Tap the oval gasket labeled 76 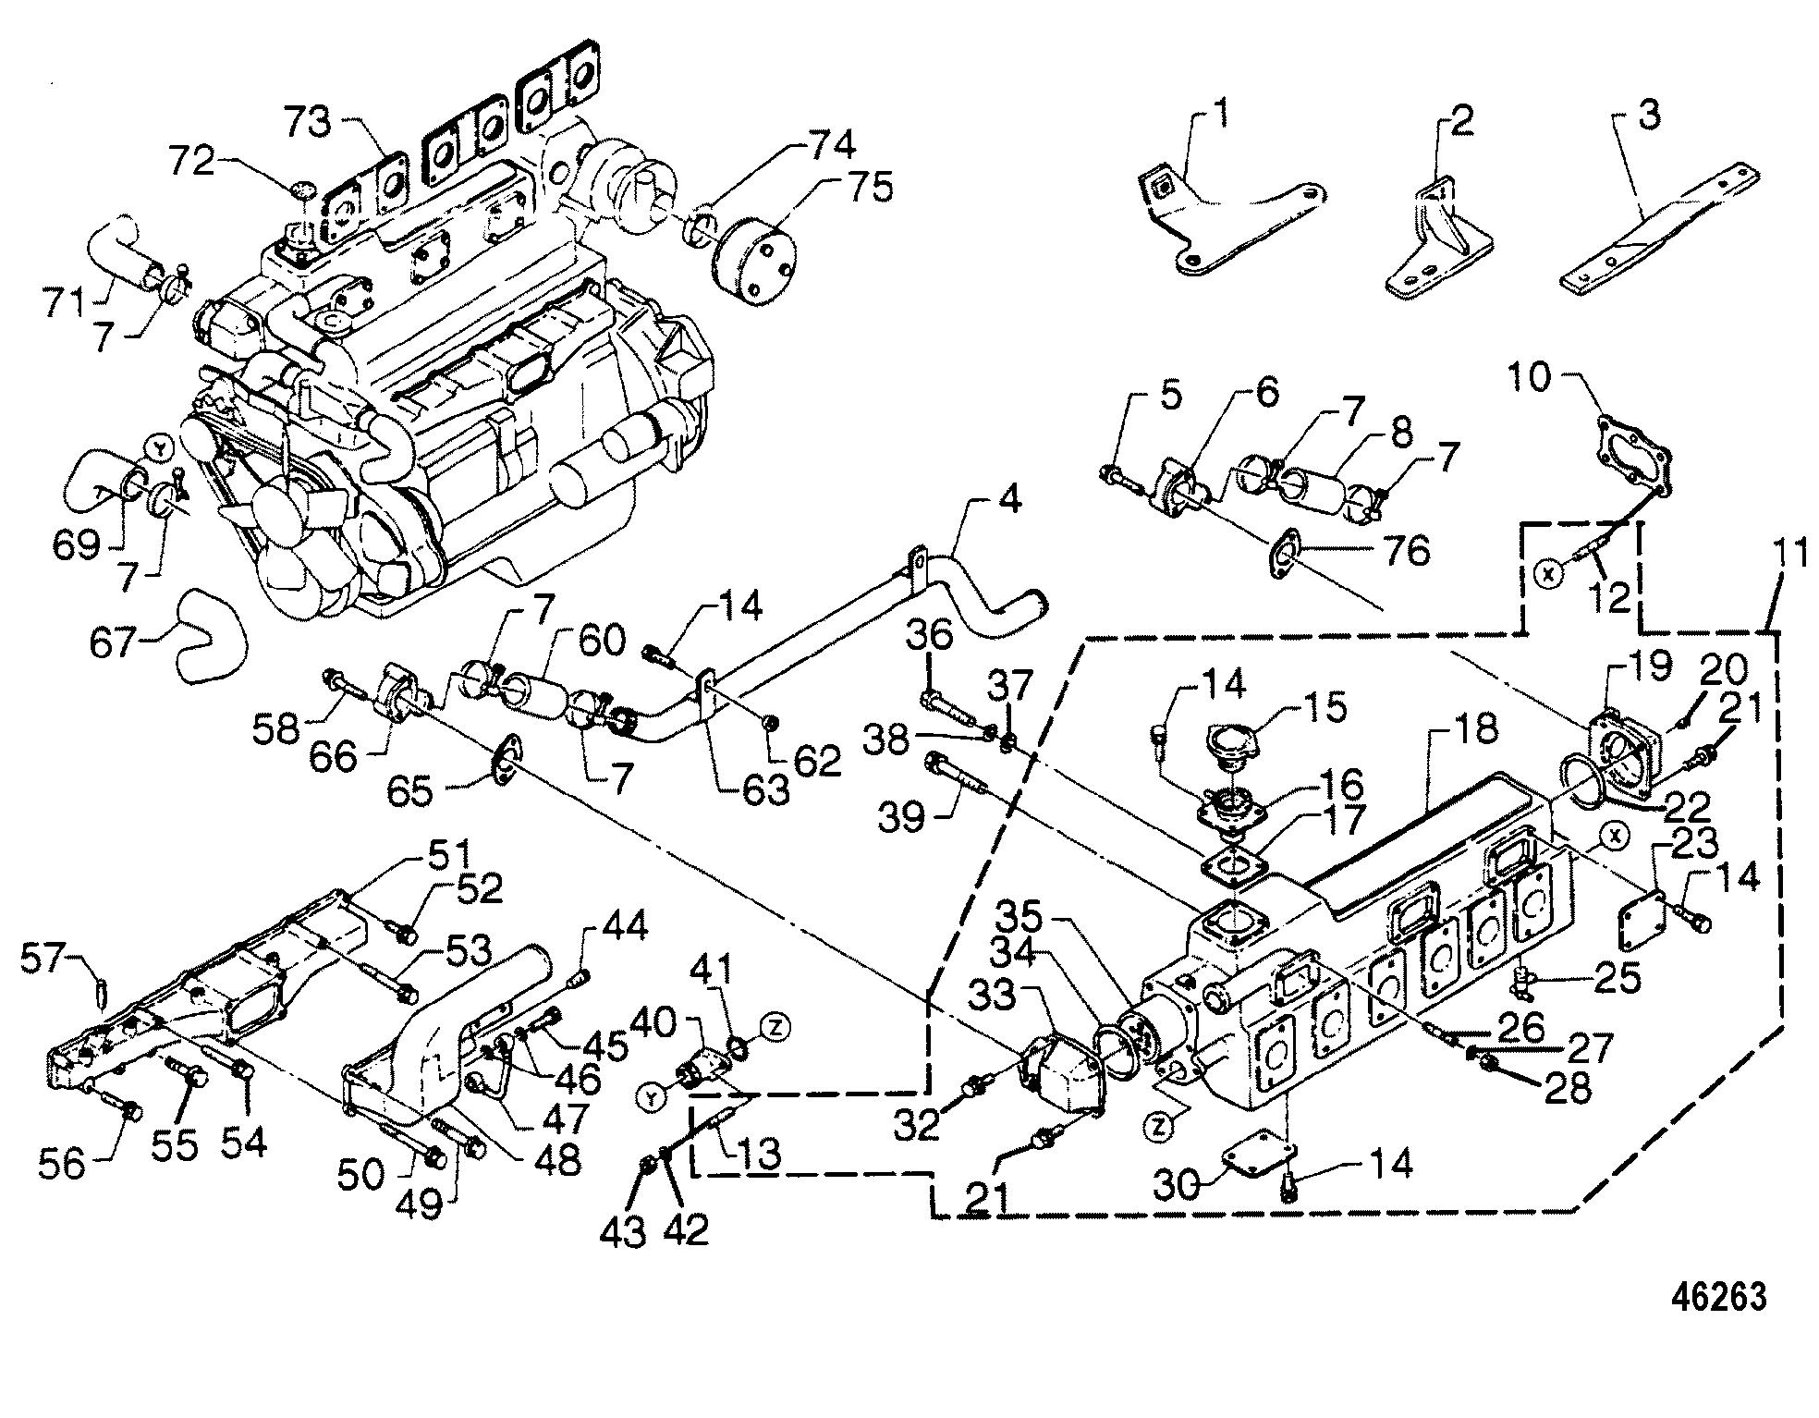tap(1284, 554)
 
